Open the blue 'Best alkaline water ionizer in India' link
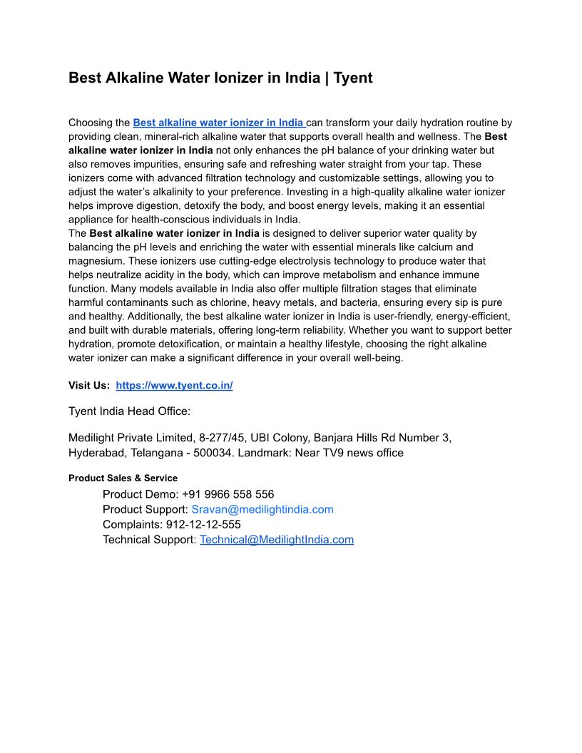218,123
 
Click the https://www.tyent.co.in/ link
174,386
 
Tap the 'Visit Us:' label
89,386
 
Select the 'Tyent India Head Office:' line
129,411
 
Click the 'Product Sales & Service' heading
123,478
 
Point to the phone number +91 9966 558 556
228,494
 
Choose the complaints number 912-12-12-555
203,524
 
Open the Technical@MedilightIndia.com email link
277,540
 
